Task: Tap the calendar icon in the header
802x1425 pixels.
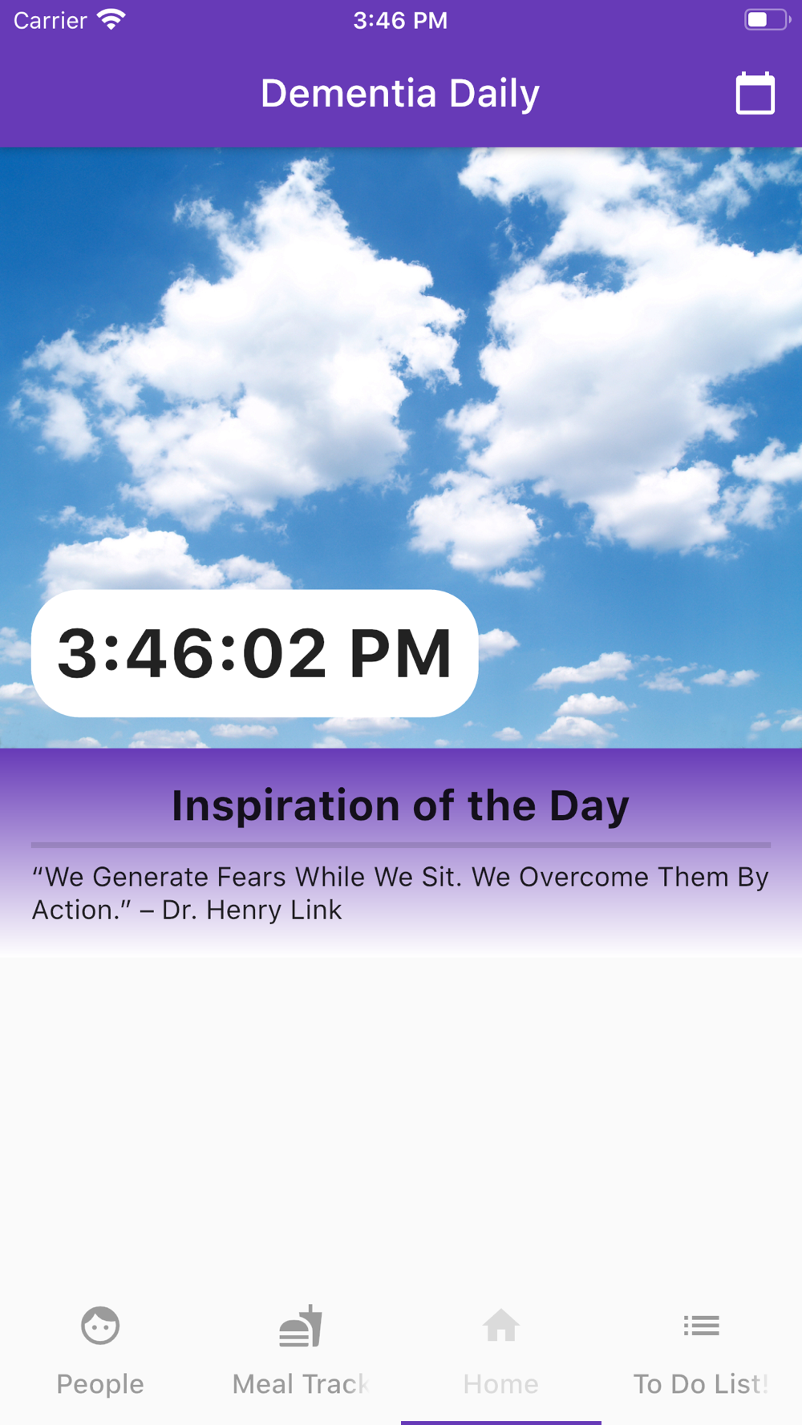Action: (x=755, y=93)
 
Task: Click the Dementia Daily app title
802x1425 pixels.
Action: (x=400, y=94)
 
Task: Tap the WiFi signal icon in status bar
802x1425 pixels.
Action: (x=111, y=19)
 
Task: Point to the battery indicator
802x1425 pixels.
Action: (x=767, y=19)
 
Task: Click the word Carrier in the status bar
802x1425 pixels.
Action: (x=50, y=20)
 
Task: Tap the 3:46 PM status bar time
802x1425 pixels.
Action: (x=400, y=20)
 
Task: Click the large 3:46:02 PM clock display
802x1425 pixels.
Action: (x=255, y=653)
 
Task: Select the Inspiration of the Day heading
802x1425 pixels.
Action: (x=400, y=805)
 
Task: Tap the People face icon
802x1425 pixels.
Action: (x=100, y=1326)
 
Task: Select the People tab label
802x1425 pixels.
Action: (x=100, y=1384)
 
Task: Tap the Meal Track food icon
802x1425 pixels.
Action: (x=301, y=1326)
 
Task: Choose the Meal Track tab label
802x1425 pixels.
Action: (x=301, y=1384)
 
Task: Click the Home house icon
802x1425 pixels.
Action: (x=501, y=1326)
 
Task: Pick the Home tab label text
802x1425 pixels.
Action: (x=501, y=1384)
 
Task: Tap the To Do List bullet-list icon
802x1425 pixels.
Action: (x=702, y=1326)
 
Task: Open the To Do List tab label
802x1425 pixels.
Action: (x=701, y=1384)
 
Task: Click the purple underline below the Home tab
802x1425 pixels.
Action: (x=501, y=1423)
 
